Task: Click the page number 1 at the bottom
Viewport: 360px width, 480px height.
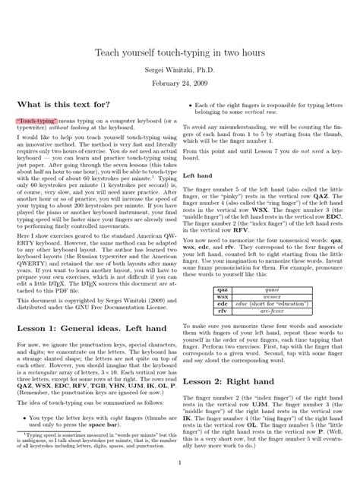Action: (179, 462)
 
